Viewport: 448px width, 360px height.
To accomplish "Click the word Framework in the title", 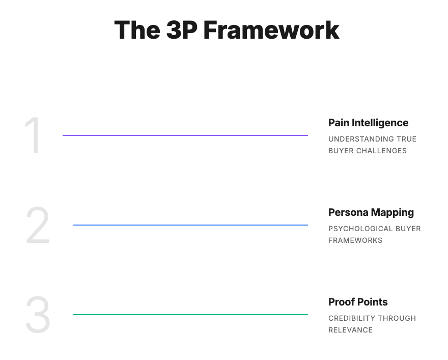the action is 271,30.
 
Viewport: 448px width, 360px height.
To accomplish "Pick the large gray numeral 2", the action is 38,225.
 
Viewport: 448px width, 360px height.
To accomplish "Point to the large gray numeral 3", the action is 38,315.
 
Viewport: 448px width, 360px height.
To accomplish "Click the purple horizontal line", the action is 185,135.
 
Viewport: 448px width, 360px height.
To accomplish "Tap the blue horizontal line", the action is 190,225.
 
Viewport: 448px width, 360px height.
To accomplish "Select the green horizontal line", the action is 190,315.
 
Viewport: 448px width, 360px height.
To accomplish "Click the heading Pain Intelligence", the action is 368,123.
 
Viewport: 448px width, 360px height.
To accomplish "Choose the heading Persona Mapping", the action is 371,212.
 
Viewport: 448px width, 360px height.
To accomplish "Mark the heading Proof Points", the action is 358,302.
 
